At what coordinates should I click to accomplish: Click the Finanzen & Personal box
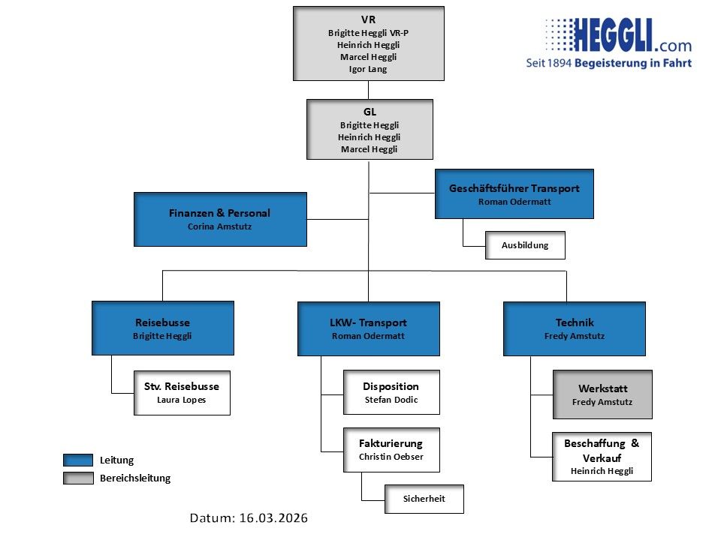[x=220, y=219]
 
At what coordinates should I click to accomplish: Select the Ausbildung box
[x=525, y=245]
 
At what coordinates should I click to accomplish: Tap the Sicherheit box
[x=424, y=499]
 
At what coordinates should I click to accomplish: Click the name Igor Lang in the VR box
[x=368, y=69]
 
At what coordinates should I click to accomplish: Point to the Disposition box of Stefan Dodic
[x=391, y=392]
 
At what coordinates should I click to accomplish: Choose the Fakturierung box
[x=391, y=449]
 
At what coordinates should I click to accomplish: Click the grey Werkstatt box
[x=602, y=394]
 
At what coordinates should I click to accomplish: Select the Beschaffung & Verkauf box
[x=602, y=456]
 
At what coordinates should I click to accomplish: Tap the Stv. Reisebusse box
[x=182, y=392]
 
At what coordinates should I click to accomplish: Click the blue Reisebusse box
[x=163, y=328]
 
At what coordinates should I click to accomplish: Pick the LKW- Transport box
[x=368, y=328]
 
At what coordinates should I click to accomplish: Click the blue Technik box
[x=574, y=328]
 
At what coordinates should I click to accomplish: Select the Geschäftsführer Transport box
[x=514, y=193]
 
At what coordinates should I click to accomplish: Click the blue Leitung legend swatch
[x=77, y=460]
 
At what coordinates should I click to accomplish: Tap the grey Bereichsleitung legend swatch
[x=77, y=478]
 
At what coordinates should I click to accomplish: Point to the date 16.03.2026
[x=273, y=518]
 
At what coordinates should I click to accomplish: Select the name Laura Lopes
[x=182, y=400]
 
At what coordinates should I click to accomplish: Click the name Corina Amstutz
[x=220, y=226]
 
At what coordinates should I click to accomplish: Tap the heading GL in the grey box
[x=370, y=112]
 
